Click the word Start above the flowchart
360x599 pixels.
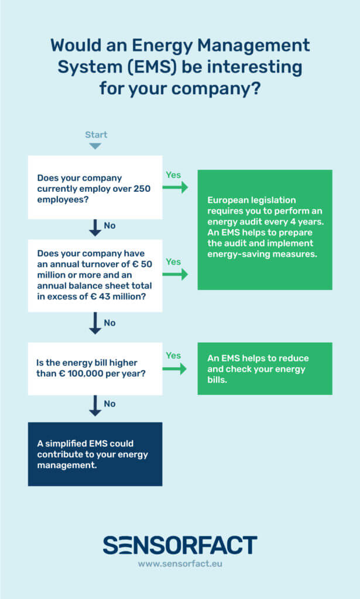(96, 135)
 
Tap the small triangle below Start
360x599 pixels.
(95, 146)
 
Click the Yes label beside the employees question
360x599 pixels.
(173, 175)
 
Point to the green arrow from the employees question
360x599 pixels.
(175, 187)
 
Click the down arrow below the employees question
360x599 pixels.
(95, 228)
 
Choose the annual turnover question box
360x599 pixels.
(95, 274)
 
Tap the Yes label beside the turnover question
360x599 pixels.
(173, 261)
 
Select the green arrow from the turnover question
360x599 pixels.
(175, 274)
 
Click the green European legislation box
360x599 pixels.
(265, 229)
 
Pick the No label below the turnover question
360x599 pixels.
(110, 323)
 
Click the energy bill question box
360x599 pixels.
(95, 369)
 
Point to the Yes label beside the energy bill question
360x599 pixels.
(173, 356)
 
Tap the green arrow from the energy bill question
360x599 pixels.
(175, 369)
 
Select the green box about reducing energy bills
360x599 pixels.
(265, 369)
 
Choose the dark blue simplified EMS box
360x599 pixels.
(95, 454)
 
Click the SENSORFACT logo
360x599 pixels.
(180, 545)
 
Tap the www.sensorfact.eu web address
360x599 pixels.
(180, 564)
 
